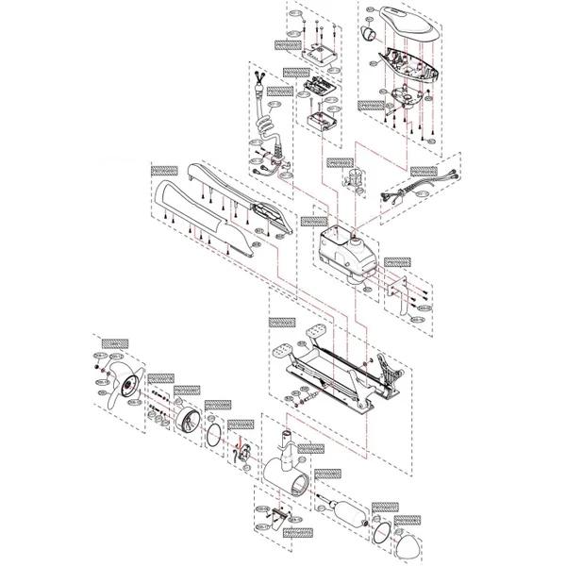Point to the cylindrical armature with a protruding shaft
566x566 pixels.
coord(344,515)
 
